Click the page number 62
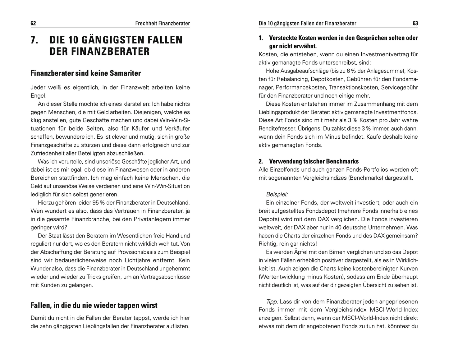[x=33, y=23]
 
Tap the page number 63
[x=415, y=23]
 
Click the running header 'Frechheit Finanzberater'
[x=163, y=23]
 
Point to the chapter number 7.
[x=34, y=40]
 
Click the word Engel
[x=38, y=96]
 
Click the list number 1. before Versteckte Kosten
[x=261, y=38]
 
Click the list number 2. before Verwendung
[x=261, y=161]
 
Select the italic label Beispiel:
[x=277, y=194]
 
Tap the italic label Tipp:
[x=273, y=302]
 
